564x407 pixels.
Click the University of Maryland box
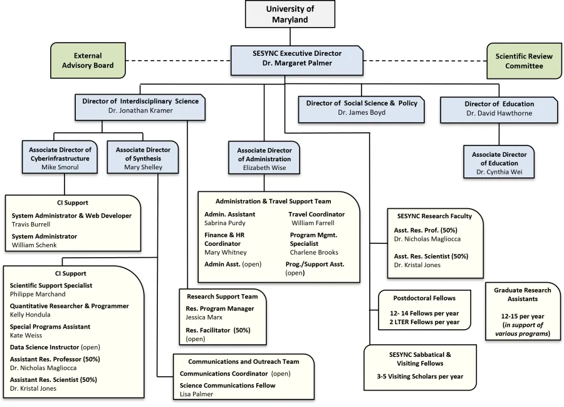(x=290, y=14)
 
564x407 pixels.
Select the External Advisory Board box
(x=87, y=61)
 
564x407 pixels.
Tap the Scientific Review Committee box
(x=523, y=61)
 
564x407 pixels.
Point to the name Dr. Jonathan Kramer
(x=140, y=110)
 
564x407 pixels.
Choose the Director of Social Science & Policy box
(x=361, y=108)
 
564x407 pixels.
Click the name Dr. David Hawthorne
(x=499, y=113)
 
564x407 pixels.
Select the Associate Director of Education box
(x=499, y=163)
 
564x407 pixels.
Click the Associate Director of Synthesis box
(x=143, y=158)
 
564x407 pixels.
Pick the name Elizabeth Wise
(x=264, y=168)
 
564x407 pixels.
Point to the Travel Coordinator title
(x=316, y=214)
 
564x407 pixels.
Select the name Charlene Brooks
(x=314, y=252)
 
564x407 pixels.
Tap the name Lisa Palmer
(x=196, y=394)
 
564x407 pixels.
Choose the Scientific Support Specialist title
(x=51, y=285)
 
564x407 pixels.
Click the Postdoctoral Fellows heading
(x=424, y=298)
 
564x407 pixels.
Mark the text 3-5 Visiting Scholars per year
(x=417, y=376)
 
